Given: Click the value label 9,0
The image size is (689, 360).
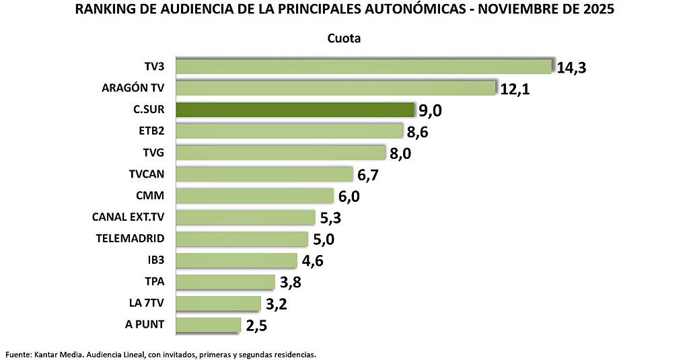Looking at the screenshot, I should pos(433,110).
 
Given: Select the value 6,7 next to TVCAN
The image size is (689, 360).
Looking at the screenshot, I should pos(371,175).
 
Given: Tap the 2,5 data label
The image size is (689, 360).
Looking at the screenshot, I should pos(258,326).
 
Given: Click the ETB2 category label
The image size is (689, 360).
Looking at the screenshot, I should pos(151,131).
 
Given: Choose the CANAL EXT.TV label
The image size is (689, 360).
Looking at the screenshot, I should pos(128,217).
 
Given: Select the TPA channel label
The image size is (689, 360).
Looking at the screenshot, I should pos(154,281).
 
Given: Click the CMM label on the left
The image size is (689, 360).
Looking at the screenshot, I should pos(151,196).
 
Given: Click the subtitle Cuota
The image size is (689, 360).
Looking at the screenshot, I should pos(344,38).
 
